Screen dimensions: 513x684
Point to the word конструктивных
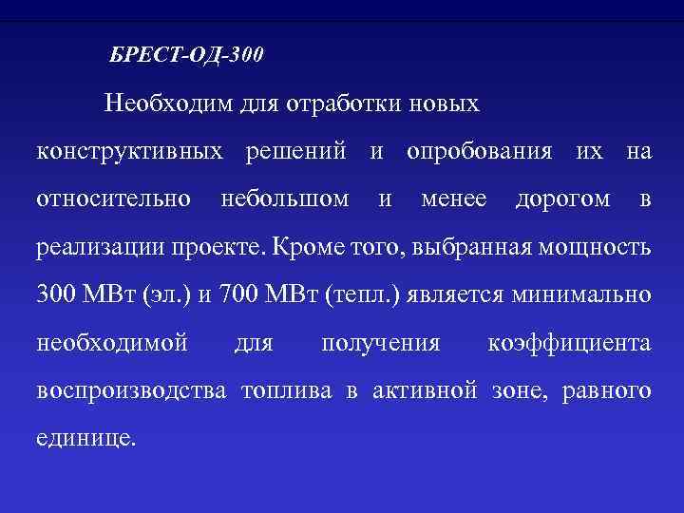[131, 151]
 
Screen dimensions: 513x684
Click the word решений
[300, 151]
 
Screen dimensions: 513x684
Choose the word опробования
[480, 151]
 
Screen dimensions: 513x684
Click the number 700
[238, 295]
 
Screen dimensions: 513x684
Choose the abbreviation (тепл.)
[364, 295]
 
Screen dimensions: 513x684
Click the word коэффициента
[569, 343]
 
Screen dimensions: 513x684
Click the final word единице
[85, 440]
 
